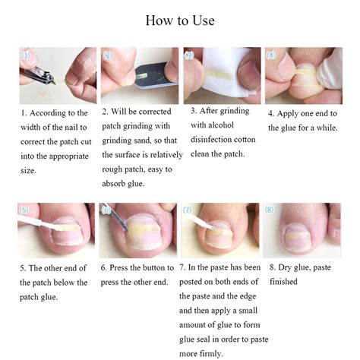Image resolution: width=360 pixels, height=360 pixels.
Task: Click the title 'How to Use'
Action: tap(180, 21)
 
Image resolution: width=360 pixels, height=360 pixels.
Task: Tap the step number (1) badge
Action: tap(26, 55)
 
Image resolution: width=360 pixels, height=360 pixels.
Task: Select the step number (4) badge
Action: tap(272, 55)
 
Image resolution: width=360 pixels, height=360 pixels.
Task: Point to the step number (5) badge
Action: tap(25, 210)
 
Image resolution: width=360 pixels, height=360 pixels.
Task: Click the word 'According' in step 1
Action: tap(49, 113)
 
